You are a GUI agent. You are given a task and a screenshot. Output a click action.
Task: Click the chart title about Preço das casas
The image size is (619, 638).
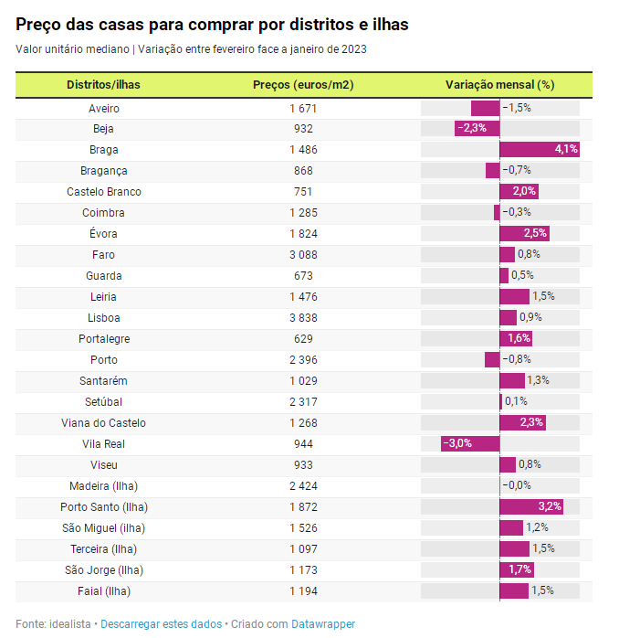tap(212, 25)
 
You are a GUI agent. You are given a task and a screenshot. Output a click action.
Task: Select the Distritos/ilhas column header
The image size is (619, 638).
tap(103, 85)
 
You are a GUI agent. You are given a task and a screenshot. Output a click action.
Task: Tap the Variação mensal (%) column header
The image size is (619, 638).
tap(499, 85)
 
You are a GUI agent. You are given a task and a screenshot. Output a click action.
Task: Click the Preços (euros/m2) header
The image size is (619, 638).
tap(303, 85)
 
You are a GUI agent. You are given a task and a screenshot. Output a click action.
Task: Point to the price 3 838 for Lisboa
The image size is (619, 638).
tap(303, 318)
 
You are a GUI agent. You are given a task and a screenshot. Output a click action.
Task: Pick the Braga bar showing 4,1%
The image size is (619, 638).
tap(540, 150)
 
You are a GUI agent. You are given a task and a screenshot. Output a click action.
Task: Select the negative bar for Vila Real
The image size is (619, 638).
tap(470, 444)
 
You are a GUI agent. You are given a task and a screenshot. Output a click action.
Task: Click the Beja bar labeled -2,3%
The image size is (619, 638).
tap(477, 129)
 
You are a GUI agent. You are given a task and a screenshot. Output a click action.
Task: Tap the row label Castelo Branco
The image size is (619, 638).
tap(104, 192)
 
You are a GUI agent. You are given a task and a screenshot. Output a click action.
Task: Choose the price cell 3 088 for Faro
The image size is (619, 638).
tap(303, 255)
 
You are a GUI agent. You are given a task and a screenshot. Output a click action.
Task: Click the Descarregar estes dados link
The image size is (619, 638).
tap(161, 624)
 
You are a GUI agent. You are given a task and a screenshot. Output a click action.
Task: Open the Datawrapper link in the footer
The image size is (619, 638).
tap(323, 624)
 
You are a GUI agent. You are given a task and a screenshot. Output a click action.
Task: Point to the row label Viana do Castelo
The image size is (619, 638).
tap(104, 423)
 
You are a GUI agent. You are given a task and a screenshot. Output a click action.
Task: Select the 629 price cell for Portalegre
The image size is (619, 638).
tap(303, 339)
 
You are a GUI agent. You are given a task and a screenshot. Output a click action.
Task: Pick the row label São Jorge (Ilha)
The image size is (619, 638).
tap(104, 570)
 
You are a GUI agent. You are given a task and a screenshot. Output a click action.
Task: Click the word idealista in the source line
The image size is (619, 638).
tap(68, 624)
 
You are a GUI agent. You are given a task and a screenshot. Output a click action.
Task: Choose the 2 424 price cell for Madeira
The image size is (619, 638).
tap(303, 486)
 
